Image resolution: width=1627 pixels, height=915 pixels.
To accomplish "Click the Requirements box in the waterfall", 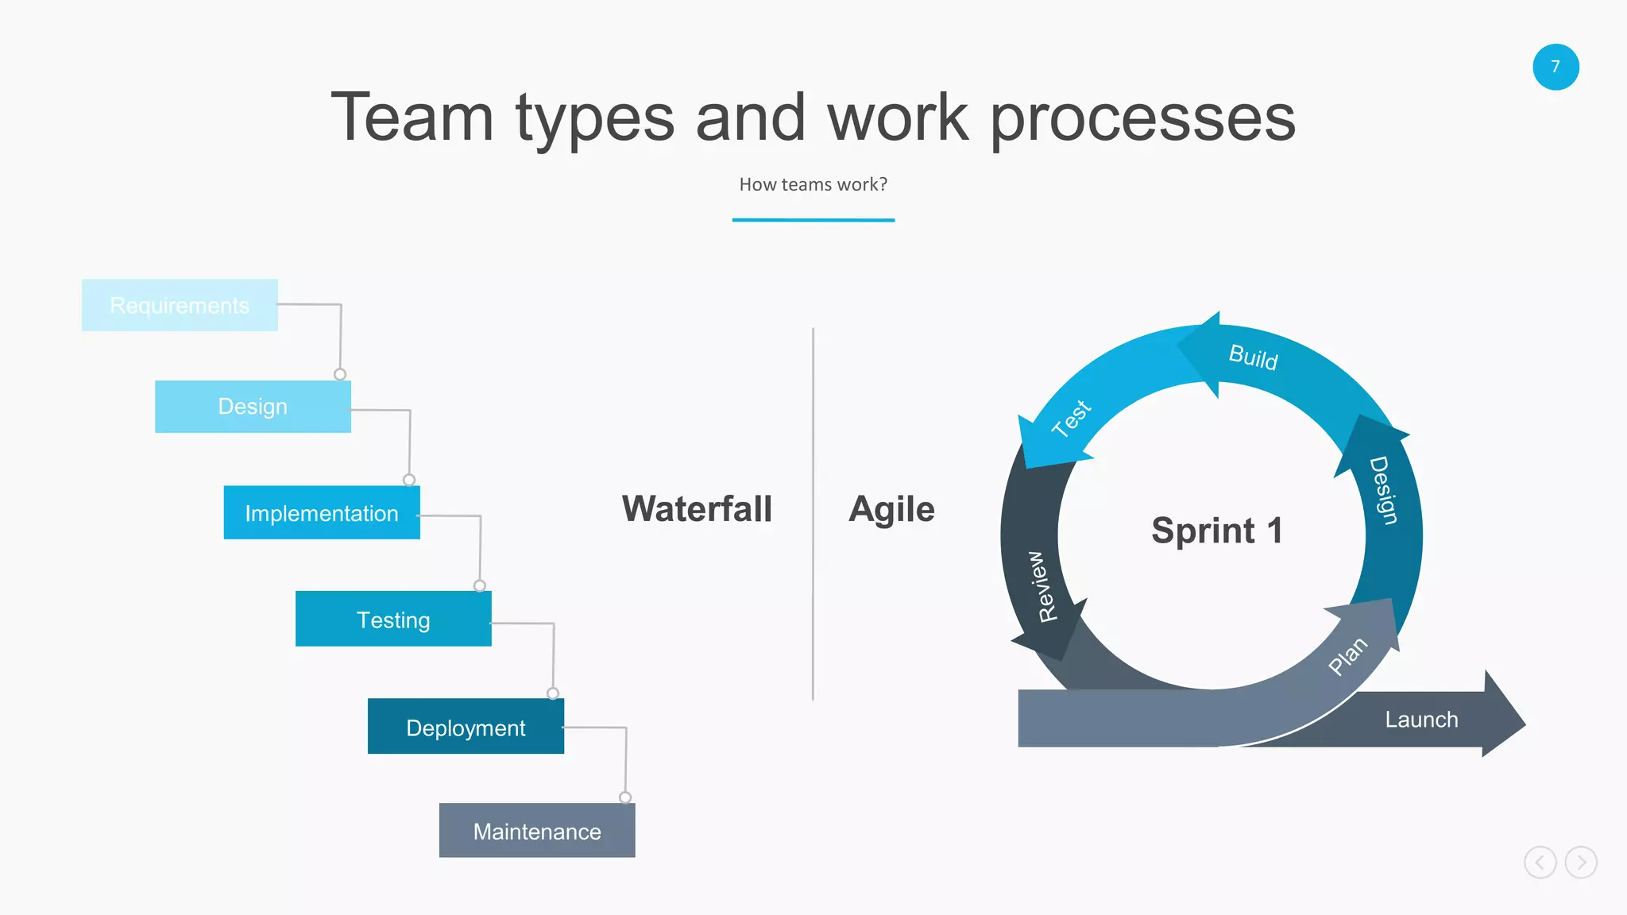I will pos(180,305).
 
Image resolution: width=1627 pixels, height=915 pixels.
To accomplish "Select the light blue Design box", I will pos(253,407).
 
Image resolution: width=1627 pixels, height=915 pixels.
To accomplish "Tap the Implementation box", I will pos(322,513).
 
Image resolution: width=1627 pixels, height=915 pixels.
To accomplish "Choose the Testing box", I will pos(393,620).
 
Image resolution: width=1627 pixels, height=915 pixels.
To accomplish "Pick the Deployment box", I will pos(466,727).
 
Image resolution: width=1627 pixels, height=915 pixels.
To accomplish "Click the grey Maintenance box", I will pos(537,831).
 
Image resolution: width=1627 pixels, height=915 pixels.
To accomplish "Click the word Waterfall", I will pos(697,509).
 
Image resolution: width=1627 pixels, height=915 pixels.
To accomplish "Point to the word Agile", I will pos(891,509).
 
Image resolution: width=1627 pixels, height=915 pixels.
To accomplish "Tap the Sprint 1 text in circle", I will pos(1217,531).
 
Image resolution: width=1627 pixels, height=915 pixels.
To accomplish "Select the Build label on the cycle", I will pos(1254,357).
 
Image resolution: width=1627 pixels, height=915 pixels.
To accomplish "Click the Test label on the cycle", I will pos(1072,418).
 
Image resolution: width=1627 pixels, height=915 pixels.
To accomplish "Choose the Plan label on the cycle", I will pos(1348,655).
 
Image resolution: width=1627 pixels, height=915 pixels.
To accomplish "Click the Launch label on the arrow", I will pos(1421,720).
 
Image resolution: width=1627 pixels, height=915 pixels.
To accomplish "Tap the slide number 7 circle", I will pos(1556,67).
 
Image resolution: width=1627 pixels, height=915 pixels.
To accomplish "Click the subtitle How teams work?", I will pos(813,184).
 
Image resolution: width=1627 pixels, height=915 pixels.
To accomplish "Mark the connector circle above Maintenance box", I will pos(625,797).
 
